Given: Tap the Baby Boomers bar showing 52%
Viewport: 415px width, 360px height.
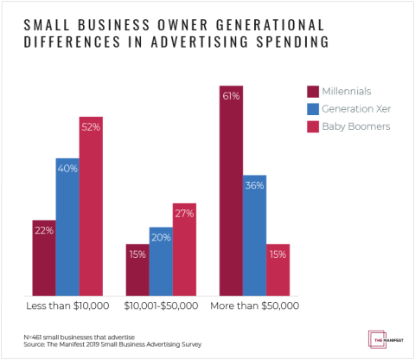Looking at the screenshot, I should point(91,207).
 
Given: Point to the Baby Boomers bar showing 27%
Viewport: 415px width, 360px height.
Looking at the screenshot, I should point(184,251).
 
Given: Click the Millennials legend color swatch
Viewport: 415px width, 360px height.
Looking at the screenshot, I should point(313,92).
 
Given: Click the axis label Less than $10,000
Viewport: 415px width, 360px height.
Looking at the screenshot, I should point(67,305).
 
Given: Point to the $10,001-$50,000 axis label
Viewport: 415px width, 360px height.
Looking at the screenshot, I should point(161,305).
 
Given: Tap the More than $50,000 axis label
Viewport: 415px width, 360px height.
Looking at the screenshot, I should point(254,305).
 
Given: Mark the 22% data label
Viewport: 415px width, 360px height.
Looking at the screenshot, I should point(44,230).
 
